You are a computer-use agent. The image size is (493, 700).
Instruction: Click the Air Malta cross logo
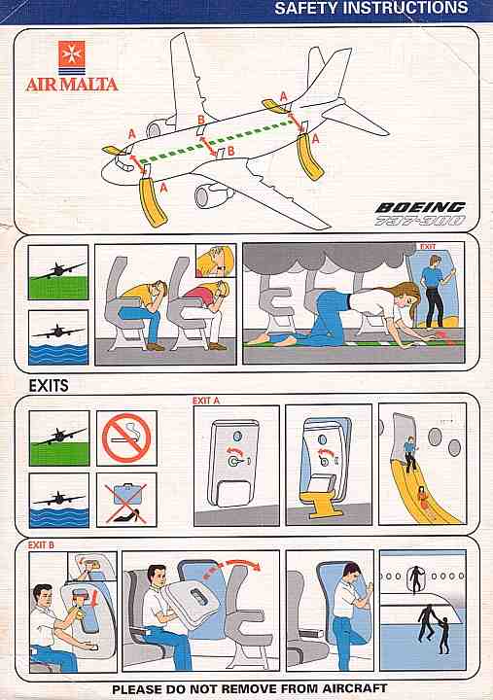coord(71,58)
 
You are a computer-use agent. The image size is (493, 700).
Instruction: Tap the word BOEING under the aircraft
coord(420,208)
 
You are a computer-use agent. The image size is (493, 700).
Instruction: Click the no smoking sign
coord(126,437)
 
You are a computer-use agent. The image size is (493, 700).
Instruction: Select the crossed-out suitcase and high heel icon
coord(126,500)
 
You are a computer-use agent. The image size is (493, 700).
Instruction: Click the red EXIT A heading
coord(206,401)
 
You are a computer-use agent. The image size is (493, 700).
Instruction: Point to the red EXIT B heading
coord(41,545)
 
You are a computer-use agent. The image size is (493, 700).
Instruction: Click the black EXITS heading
coord(49,385)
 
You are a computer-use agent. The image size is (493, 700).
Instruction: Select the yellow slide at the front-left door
coord(153,202)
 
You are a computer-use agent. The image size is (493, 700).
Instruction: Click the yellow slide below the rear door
coord(309,156)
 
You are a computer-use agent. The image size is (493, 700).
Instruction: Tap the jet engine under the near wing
coord(210,195)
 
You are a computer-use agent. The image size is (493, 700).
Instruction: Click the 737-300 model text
coord(419,221)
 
